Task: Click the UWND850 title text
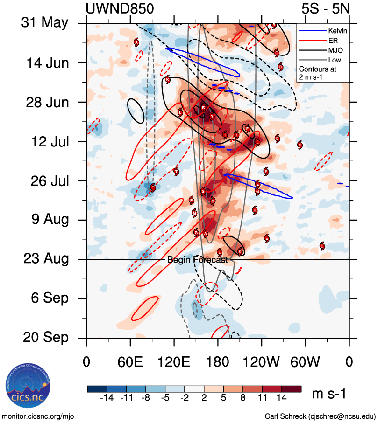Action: tap(120, 8)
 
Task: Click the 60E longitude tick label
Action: tap(130, 362)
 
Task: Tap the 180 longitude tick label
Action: tap(218, 362)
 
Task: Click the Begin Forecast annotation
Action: tap(198, 260)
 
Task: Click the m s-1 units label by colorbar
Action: tap(329, 394)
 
